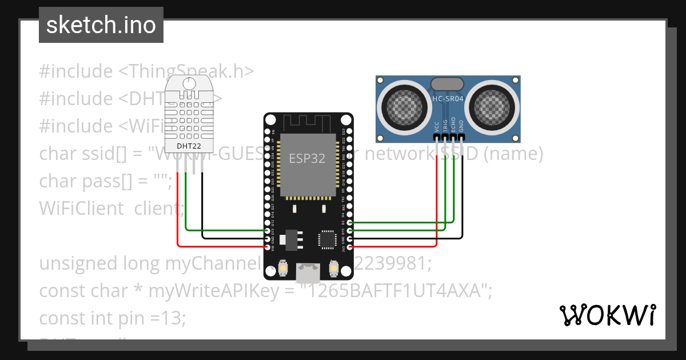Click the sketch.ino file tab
point(101,25)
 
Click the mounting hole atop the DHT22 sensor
point(188,83)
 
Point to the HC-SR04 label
point(448,99)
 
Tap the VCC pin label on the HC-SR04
point(437,126)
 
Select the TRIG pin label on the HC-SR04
point(445,126)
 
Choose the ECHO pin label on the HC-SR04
point(453,126)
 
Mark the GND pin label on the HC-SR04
point(461,126)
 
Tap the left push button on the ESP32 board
point(283,267)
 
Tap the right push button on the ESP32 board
point(333,267)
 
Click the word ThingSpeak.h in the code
point(192,71)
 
